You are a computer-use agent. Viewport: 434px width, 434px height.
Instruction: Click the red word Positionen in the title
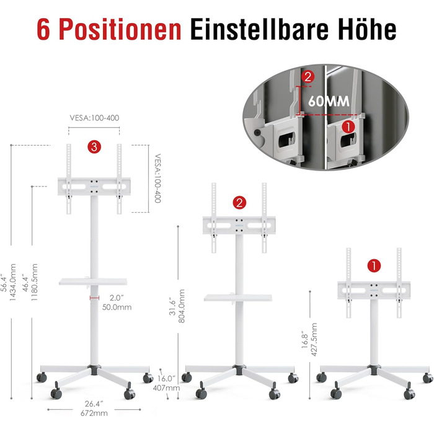[x=120, y=29]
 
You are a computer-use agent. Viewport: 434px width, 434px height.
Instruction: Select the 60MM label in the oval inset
[x=329, y=101]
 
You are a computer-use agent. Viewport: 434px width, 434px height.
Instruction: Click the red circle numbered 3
[x=94, y=147]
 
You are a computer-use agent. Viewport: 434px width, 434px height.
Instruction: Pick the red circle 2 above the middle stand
[x=239, y=203]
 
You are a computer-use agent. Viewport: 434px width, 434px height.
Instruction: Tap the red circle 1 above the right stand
[x=374, y=266]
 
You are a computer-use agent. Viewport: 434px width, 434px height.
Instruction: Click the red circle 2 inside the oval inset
[x=308, y=77]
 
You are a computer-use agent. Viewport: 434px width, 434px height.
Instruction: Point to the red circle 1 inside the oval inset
[x=348, y=126]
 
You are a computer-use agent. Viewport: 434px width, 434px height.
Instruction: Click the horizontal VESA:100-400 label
[x=94, y=118]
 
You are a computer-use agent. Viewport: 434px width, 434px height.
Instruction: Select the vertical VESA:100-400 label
[x=157, y=179]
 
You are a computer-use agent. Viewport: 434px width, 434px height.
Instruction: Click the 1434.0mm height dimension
[x=13, y=282]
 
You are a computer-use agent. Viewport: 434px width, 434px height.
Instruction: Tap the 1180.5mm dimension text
[x=34, y=282]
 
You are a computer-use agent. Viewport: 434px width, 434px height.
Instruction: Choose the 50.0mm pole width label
[x=117, y=308]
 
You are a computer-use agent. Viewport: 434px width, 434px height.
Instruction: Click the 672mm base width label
[x=94, y=414]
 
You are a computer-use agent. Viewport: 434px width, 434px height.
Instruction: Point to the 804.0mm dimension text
[x=181, y=306]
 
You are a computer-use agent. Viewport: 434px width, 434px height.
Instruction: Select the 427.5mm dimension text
[x=314, y=339]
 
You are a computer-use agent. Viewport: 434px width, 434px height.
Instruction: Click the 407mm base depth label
[x=166, y=387]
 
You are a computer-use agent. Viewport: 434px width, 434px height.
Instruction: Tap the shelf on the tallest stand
[x=93, y=281]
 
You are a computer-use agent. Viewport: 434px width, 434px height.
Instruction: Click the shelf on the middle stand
[x=238, y=298]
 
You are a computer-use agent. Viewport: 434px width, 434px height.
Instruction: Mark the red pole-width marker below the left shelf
[x=94, y=298]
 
